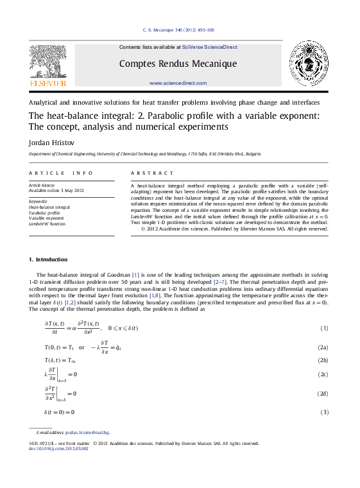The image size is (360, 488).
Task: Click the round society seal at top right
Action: tap(309, 64)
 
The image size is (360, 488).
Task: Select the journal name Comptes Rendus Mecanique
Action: tap(178, 64)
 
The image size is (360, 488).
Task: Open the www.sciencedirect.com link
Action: tap(178, 83)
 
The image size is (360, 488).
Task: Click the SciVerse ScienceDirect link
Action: tap(210, 47)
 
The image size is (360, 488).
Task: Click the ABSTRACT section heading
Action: tap(152, 173)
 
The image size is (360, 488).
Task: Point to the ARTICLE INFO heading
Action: tap(56, 173)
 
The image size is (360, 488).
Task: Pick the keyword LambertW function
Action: tap(47, 224)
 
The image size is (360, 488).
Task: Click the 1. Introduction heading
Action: tap(48, 259)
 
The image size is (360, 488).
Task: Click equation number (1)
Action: tap(324, 329)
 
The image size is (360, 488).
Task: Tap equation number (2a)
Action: tap(323, 347)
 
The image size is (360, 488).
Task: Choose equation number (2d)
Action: tap(323, 393)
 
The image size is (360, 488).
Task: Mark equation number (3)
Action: tap(324, 412)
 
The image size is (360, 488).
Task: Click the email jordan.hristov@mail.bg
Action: tap(87, 433)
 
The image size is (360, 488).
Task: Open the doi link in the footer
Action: tap(59, 448)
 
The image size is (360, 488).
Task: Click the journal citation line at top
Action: tap(178, 30)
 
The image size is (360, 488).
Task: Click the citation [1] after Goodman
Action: tap(135, 274)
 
